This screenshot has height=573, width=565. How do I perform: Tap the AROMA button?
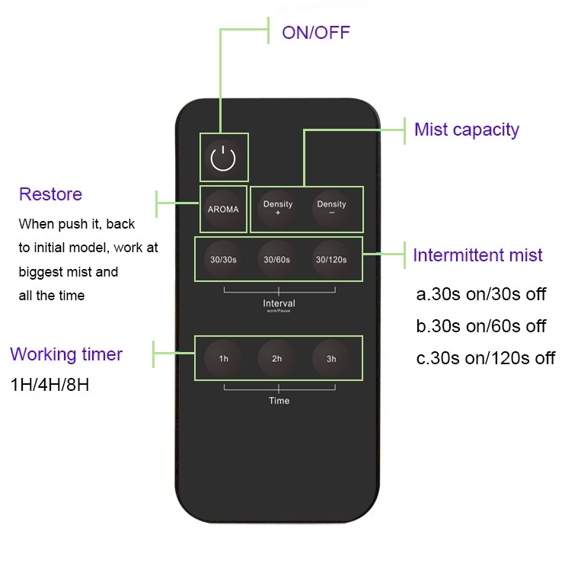223,209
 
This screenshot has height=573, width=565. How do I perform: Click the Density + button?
278,209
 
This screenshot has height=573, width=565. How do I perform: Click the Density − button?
331,209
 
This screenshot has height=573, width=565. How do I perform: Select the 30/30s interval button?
224,260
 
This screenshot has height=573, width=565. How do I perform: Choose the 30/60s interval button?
278,260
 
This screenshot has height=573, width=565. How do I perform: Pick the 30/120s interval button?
331,260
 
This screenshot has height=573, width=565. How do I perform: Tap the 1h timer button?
224,358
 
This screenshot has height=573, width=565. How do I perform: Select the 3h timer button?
331,358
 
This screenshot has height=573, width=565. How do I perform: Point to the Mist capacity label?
466,130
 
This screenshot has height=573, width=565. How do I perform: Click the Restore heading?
50,194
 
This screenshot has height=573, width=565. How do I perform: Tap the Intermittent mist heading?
477,254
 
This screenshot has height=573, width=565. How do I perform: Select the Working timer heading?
66,354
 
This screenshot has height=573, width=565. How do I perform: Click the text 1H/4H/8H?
50,385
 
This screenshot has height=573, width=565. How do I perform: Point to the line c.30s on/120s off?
485,358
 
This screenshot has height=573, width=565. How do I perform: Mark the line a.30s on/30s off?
480,295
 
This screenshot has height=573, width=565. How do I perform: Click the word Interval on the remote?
279,303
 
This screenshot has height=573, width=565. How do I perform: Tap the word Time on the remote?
279,401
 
